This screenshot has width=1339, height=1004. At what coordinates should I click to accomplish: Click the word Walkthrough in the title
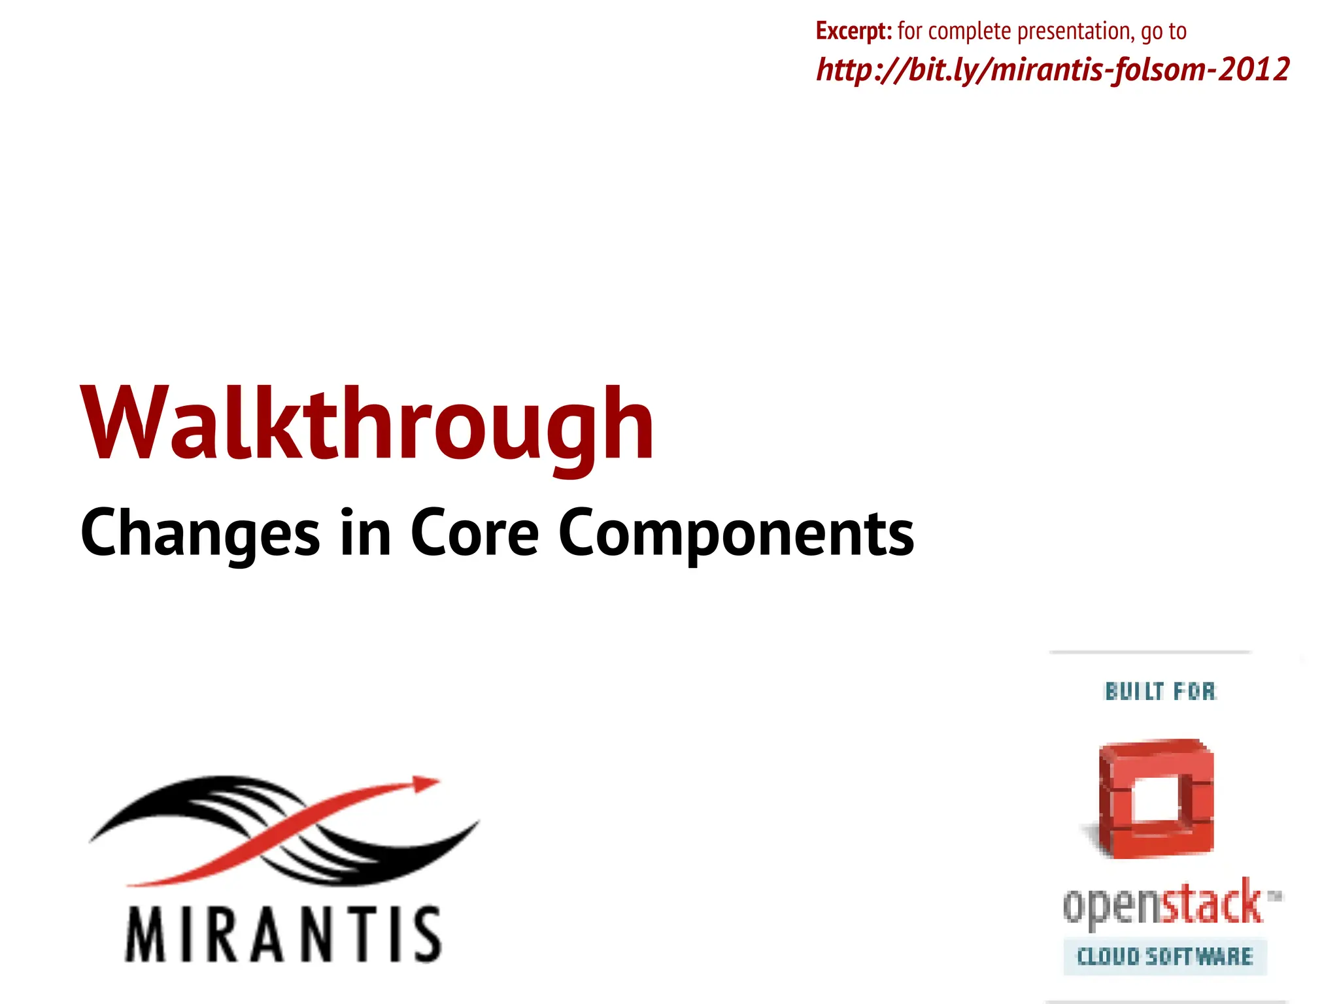(366, 425)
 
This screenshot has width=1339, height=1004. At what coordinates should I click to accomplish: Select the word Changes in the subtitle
(200, 533)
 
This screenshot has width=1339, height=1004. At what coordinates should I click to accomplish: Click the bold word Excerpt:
(853, 31)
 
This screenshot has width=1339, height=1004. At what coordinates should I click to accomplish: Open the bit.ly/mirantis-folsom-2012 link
(1053, 69)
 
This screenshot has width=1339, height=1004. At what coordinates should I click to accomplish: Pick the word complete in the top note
(970, 31)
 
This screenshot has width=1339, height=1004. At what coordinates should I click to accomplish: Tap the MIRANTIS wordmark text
(283, 935)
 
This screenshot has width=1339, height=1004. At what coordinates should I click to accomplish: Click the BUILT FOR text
(1161, 691)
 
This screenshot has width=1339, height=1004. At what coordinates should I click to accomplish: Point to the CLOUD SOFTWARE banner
(1164, 957)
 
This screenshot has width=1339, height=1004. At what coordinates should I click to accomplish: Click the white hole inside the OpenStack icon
(1156, 799)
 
